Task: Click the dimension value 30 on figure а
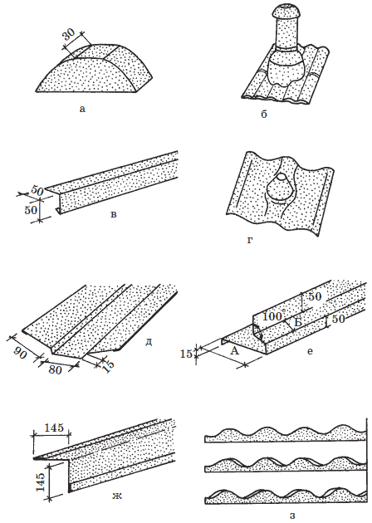(70, 34)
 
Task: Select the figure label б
(264, 115)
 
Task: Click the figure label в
(114, 214)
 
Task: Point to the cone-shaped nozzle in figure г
(281, 188)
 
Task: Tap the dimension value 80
(55, 369)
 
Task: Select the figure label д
(149, 343)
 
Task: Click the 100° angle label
(274, 315)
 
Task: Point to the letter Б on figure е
(298, 322)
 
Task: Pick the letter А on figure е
(235, 350)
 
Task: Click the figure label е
(310, 351)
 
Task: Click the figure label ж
(117, 496)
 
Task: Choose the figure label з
(292, 516)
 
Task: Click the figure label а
(82, 109)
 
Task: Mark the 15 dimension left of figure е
(186, 354)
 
